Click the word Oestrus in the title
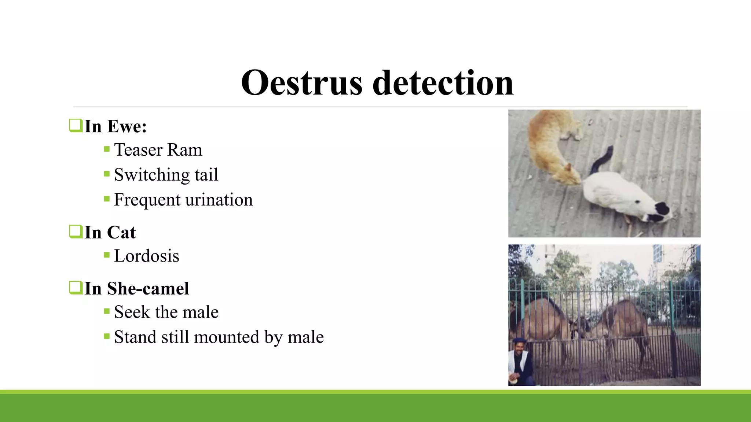pos(301,83)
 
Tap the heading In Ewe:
pos(116,127)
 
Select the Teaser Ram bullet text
pos(158,150)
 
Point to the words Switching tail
pos(166,175)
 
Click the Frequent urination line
pos(183,200)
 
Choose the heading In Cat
pos(110,233)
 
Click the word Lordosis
pos(146,256)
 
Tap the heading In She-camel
pos(137,289)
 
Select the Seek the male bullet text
pos(166,312)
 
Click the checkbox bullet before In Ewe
pos(76,126)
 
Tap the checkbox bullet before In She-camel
pos(76,288)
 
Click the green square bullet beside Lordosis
pos(107,255)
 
